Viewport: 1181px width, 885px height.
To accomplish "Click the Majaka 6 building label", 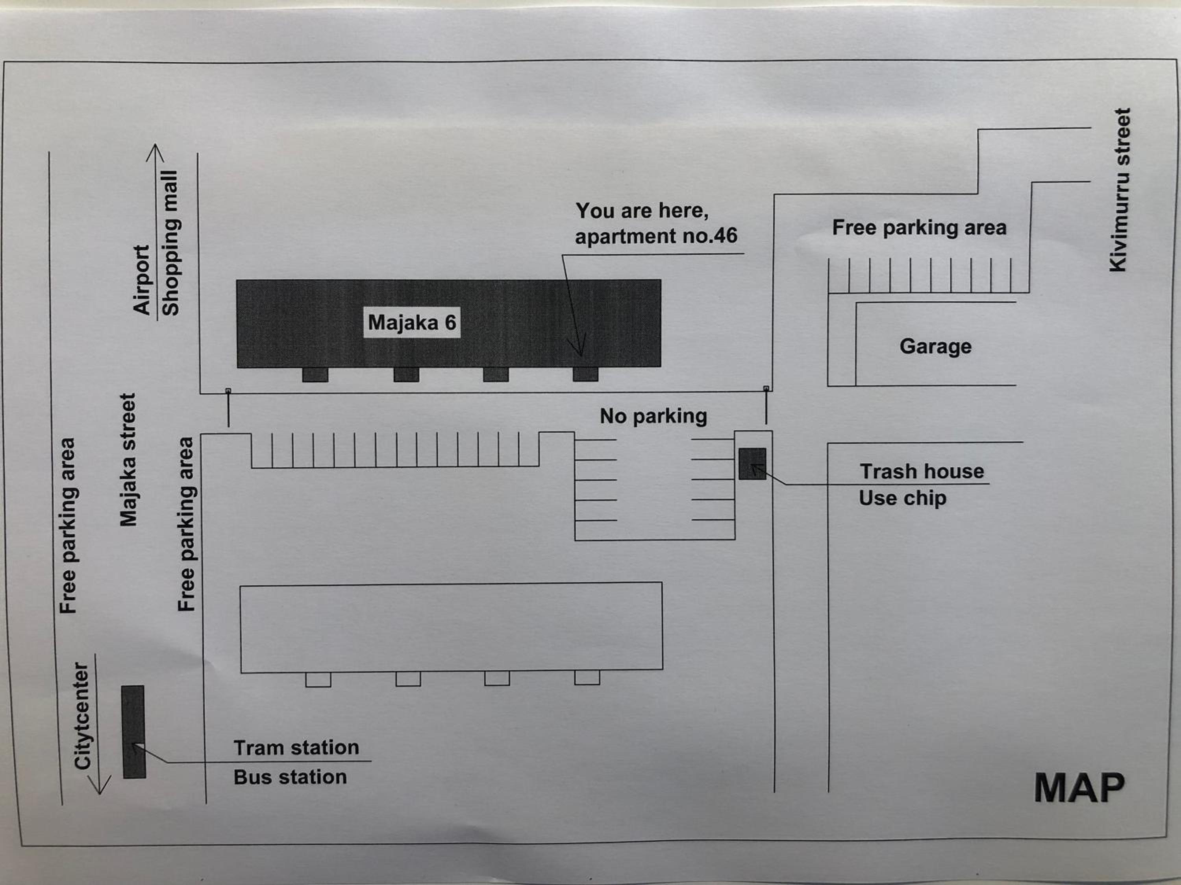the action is [x=412, y=322].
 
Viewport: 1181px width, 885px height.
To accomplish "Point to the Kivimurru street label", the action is [x=1120, y=190].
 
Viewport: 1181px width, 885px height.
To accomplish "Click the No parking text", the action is [x=653, y=416].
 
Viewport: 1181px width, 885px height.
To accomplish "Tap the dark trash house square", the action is [x=752, y=464].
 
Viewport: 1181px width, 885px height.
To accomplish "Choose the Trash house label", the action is [x=922, y=472].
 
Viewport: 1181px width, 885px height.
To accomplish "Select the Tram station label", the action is [x=296, y=748].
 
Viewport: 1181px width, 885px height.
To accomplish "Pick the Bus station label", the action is [x=290, y=777].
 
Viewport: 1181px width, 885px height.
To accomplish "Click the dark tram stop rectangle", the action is [x=133, y=732].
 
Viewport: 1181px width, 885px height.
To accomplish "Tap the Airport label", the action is [x=141, y=280].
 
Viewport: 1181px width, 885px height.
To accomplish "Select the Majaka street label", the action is [x=128, y=460].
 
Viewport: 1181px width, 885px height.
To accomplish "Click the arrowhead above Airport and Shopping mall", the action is [x=155, y=153].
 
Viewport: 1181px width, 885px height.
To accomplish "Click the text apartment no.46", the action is [x=656, y=236].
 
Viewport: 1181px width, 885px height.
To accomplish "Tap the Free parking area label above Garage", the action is [x=919, y=228].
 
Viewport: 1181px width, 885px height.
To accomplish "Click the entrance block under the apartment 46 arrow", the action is [x=586, y=374].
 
